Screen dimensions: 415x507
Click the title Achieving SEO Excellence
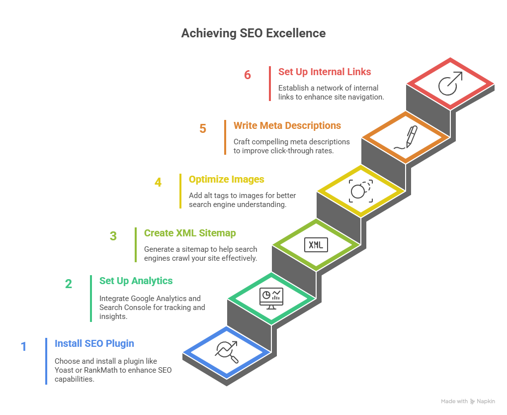253,33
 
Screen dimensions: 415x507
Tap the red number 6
247,75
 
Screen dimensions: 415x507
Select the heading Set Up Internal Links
324,72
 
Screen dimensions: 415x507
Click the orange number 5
203,129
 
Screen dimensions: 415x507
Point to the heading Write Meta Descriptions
287,125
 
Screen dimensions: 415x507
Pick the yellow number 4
158,183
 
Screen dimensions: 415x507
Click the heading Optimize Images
226,179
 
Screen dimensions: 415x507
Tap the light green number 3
113,236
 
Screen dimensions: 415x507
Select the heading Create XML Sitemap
190,233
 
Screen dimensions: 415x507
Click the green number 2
69,284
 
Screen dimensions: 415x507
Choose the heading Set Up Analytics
136,281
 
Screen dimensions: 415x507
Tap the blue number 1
23,347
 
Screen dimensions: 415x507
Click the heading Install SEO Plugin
94,343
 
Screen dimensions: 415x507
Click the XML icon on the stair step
316,245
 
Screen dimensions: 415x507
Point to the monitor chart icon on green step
271,298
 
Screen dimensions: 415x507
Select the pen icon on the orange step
406,137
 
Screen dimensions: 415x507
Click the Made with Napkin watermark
468,401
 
